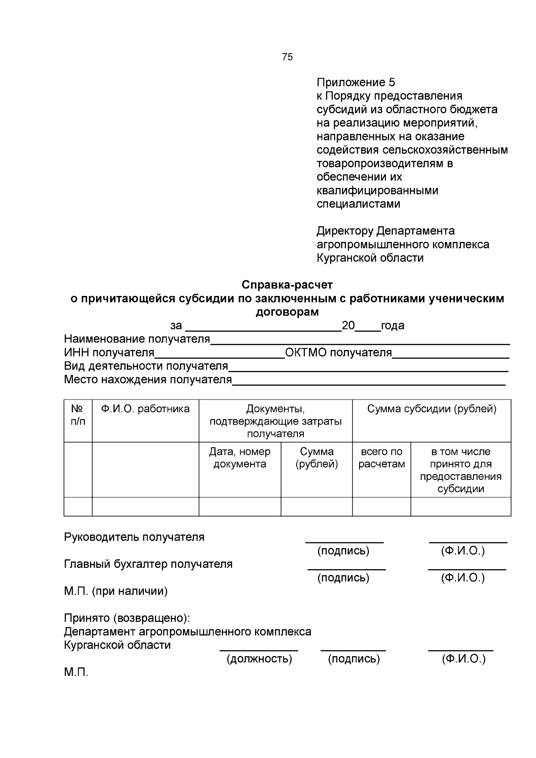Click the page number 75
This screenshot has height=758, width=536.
[288, 57]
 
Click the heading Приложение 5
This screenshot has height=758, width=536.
[356, 83]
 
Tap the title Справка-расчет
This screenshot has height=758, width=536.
[287, 284]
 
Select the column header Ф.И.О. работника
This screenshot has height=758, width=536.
[145, 409]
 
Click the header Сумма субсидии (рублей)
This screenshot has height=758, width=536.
[431, 409]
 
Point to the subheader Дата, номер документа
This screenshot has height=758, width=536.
[240, 458]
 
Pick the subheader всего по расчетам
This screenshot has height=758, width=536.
[381, 458]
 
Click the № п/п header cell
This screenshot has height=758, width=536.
[78, 415]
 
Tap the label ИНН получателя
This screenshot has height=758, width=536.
[109, 353]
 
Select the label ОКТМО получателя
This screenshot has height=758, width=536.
[338, 353]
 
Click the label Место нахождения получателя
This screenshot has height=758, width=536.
[148, 379]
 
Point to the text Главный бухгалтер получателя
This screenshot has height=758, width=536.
[148, 564]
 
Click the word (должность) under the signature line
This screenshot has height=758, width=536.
[259, 659]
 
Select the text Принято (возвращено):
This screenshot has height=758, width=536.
[127, 618]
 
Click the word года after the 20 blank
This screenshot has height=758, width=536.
[393, 325]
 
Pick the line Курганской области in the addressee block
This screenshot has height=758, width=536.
[370, 258]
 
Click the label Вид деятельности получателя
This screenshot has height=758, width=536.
[146, 366]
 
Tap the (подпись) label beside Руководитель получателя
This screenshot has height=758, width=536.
[343, 551]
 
